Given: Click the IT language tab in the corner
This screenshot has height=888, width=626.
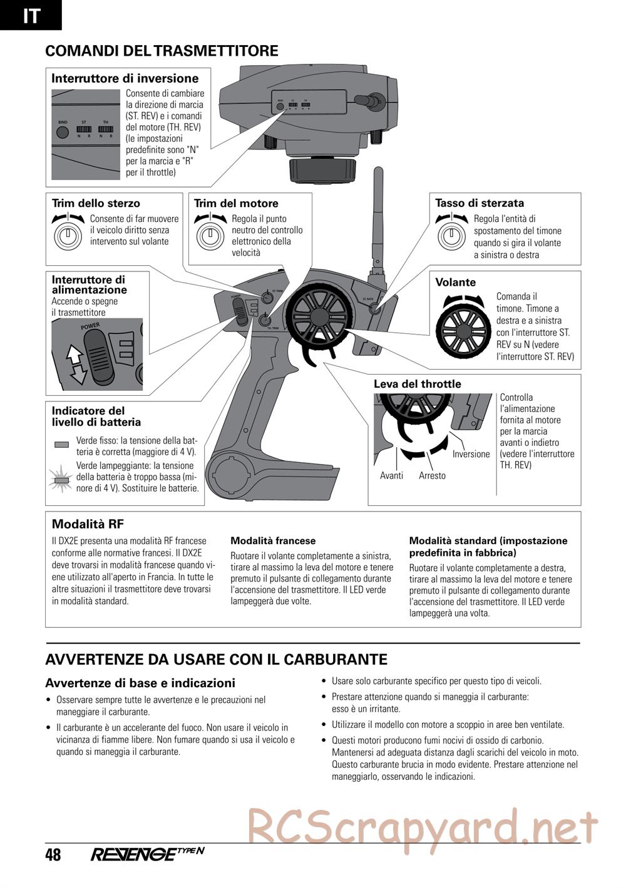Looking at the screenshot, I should tap(31, 15).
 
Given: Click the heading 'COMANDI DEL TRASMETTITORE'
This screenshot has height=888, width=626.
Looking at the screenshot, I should tap(162, 51).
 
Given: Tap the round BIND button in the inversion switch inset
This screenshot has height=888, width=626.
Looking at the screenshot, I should tap(63, 133).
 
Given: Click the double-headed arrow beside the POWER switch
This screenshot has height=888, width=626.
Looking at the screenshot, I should tap(74, 365).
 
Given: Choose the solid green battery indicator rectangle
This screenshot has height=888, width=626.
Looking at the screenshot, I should tap(61, 445).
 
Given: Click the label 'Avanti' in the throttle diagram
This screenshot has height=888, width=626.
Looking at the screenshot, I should tap(391, 476).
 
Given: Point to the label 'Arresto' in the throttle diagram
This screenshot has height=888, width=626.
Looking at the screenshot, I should tap(433, 476).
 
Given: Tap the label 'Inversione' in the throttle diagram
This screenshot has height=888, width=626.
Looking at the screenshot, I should tap(471, 454).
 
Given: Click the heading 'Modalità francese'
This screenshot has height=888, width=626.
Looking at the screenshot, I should tap(273, 541).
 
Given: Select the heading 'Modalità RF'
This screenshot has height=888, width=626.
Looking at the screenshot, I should tap(79, 524).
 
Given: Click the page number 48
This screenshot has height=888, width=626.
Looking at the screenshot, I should tap(53, 855).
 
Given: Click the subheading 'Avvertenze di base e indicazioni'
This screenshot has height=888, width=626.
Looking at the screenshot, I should tap(140, 683).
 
